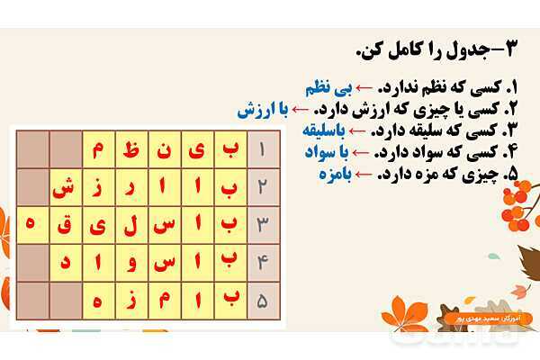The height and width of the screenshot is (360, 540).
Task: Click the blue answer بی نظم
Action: [326, 90]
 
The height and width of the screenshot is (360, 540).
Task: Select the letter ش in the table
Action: [63, 187]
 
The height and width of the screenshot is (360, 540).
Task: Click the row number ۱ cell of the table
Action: [262, 150]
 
